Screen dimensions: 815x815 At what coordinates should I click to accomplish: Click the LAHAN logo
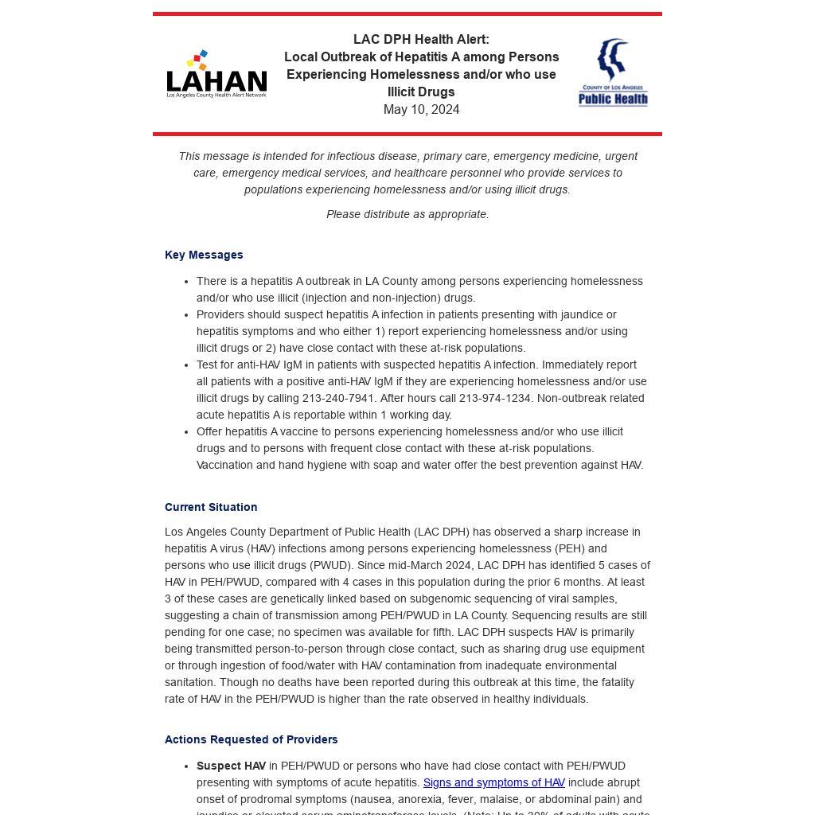pyautogui.click(x=216, y=75)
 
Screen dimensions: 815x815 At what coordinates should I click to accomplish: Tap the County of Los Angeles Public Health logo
pyautogui.click(x=613, y=72)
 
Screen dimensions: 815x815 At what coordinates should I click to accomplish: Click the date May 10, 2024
pyautogui.click(x=421, y=110)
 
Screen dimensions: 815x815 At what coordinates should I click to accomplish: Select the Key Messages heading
pyautogui.click(x=204, y=255)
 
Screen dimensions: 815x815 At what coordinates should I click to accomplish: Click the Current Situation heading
pyautogui.click(x=211, y=507)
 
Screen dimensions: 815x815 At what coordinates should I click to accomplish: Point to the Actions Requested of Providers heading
pyautogui.click(x=252, y=739)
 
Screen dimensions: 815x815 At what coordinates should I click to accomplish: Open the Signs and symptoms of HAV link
pyautogui.click(x=494, y=782)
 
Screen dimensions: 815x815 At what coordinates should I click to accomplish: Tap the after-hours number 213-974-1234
pyautogui.click(x=495, y=398)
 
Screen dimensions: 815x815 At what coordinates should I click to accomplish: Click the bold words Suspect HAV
pyautogui.click(x=231, y=766)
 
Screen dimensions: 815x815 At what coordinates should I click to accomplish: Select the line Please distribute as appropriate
pyautogui.click(x=407, y=214)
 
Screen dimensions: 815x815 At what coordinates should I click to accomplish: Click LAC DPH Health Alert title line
pyautogui.click(x=421, y=40)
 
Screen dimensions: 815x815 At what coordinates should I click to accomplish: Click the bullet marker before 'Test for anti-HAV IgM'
pyautogui.click(x=187, y=365)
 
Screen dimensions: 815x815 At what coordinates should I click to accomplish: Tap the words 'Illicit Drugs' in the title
pyautogui.click(x=421, y=92)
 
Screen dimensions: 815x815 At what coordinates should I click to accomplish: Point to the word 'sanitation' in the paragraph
pyautogui.click(x=190, y=682)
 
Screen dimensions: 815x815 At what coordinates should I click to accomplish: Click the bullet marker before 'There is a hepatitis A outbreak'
pyautogui.click(x=187, y=282)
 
